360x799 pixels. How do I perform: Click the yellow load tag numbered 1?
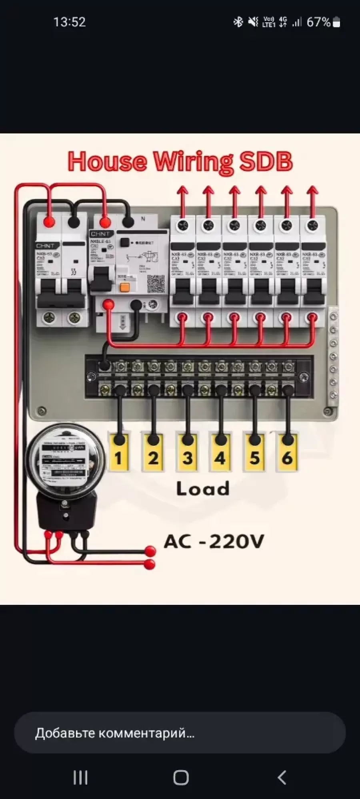[118, 453]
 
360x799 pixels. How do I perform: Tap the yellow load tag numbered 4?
[220, 453]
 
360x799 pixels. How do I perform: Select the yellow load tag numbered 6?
[287, 453]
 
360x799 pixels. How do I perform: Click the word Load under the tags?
[203, 489]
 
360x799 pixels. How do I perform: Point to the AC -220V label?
[214, 542]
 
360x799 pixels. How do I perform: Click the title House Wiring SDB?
[180, 161]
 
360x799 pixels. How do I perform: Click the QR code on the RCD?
[156, 284]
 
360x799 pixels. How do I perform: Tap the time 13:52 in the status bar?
[70, 22]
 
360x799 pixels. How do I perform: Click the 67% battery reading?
[319, 22]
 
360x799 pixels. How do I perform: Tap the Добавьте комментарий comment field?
[180, 733]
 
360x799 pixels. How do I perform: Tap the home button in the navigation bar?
[181, 777]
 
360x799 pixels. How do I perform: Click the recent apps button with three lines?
[80, 777]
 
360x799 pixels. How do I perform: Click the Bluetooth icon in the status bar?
[238, 22]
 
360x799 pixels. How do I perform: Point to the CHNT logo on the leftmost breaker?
[45, 246]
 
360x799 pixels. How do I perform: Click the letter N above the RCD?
[143, 219]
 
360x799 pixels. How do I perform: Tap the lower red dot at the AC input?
[150, 564]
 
